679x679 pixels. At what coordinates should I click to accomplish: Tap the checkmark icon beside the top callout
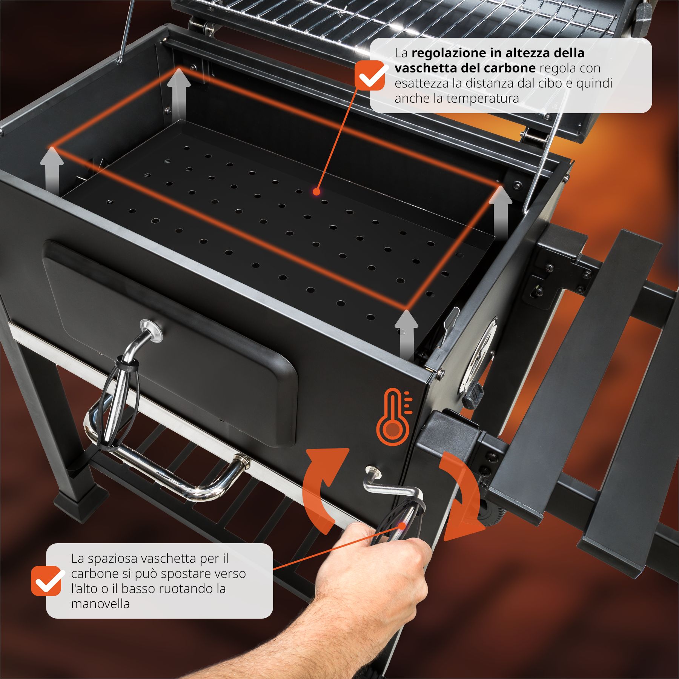369,75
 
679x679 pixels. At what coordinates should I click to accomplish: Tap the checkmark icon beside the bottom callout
46,581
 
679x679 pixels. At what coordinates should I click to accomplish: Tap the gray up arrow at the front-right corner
406,334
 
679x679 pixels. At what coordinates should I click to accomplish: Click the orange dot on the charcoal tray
316,192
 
